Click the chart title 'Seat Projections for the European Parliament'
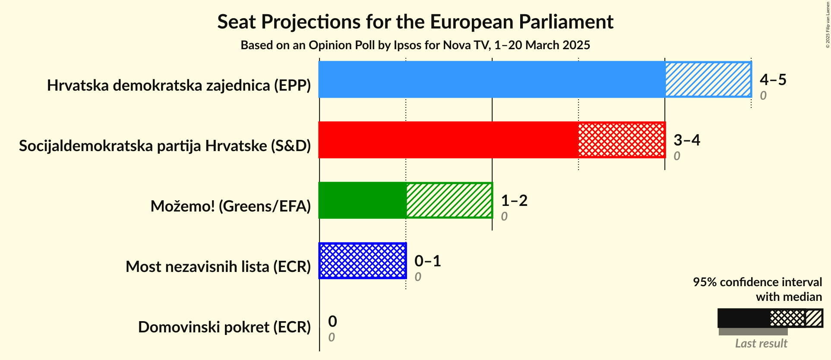pos(415,22)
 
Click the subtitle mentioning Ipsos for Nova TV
pos(415,45)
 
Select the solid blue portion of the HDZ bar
pos(491,79)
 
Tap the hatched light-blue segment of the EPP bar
pos(708,79)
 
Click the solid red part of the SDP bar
pos(448,140)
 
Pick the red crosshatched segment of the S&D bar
pos(622,140)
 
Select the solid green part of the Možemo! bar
pos(362,200)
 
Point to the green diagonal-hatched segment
pos(449,200)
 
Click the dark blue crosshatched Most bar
pos(363,261)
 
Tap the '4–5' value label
pos(773,80)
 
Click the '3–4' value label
pos(686,140)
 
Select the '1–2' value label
pos(514,201)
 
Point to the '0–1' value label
pos(427,261)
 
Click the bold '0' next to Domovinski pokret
pos(332,322)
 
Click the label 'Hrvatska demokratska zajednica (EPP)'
pos(179,85)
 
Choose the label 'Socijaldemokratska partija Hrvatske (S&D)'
pos(165,146)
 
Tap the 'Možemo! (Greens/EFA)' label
pos(231,206)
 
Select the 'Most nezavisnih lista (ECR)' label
pos(218,267)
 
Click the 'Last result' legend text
pos(761,344)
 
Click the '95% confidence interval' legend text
pos(757,282)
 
